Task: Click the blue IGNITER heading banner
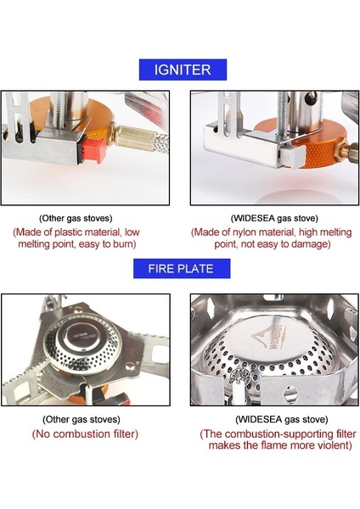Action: click(x=183, y=70)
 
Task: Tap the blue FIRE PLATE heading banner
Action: click(x=182, y=268)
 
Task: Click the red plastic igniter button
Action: click(x=93, y=150)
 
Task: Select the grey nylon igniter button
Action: click(x=294, y=155)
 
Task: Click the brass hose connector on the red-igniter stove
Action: click(x=132, y=138)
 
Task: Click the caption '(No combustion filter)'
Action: click(x=85, y=434)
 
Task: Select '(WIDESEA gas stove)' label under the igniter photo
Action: click(x=274, y=218)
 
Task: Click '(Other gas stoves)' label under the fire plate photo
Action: click(x=82, y=419)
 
